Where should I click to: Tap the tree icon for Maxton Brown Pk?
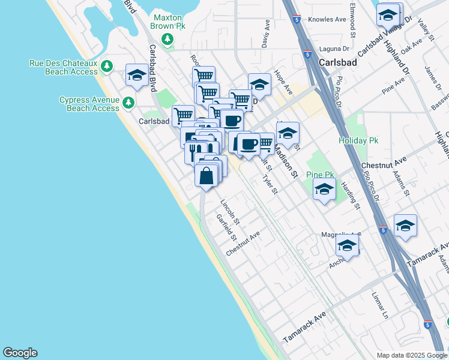click(x=168, y=40)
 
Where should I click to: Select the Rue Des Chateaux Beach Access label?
click(x=63, y=67)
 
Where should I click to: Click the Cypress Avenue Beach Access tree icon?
click(x=128, y=103)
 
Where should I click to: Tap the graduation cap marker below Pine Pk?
click(x=324, y=189)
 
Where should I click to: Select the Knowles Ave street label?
click(x=328, y=19)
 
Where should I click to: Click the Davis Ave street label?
click(x=265, y=40)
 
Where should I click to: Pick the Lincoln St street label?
click(x=230, y=212)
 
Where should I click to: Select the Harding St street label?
click(x=351, y=196)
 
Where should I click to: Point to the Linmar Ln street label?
click(x=380, y=305)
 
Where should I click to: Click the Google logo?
click(x=20, y=353)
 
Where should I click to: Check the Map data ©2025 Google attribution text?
click(x=411, y=355)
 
